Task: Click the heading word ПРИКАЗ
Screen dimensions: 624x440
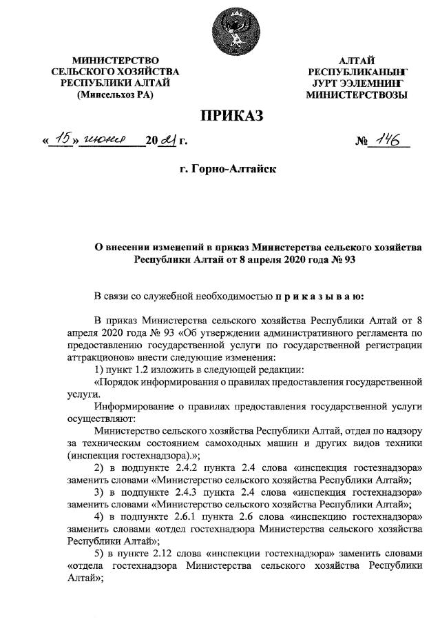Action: (x=232, y=115)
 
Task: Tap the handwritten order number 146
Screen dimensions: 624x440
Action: (x=388, y=141)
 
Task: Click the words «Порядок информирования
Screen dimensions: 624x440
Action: (x=151, y=383)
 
